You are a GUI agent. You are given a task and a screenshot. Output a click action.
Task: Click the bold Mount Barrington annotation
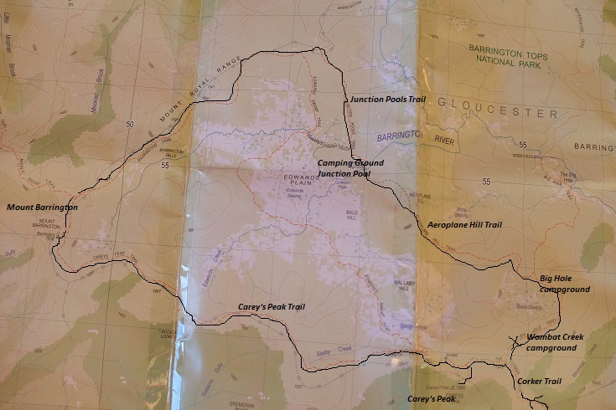click(42, 207)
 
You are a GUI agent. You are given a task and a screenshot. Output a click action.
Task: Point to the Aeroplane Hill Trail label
click(463, 225)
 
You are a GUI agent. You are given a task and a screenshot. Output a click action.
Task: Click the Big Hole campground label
click(564, 284)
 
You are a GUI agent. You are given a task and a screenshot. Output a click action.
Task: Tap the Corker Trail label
click(538, 382)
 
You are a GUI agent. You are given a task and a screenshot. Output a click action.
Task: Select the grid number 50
click(129, 124)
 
